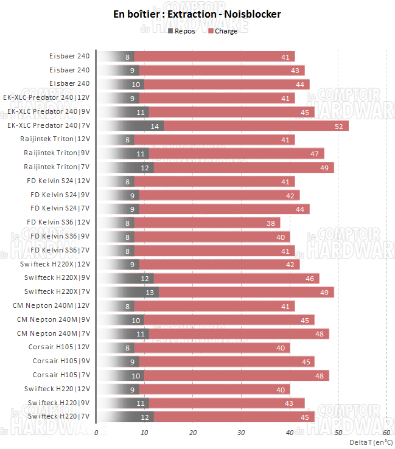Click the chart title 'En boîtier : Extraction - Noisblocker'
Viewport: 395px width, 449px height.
tap(197, 14)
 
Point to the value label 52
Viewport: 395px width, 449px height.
tap(339, 126)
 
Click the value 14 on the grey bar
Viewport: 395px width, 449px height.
tap(154, 126)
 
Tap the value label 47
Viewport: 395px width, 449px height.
tap(315, 153)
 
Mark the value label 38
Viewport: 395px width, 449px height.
tap(271, 223)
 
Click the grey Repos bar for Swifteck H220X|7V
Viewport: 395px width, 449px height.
tap(128, 292)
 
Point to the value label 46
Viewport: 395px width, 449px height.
tap(310, 278)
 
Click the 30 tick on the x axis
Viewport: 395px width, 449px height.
tap(241, 433)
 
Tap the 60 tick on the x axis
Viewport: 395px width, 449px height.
tap(386, 433)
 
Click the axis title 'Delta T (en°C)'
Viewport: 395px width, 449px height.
tap(370, 442)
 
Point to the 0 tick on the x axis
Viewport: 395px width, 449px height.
tap(97, 433)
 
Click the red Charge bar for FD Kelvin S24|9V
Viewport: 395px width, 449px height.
tap(219, 195)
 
